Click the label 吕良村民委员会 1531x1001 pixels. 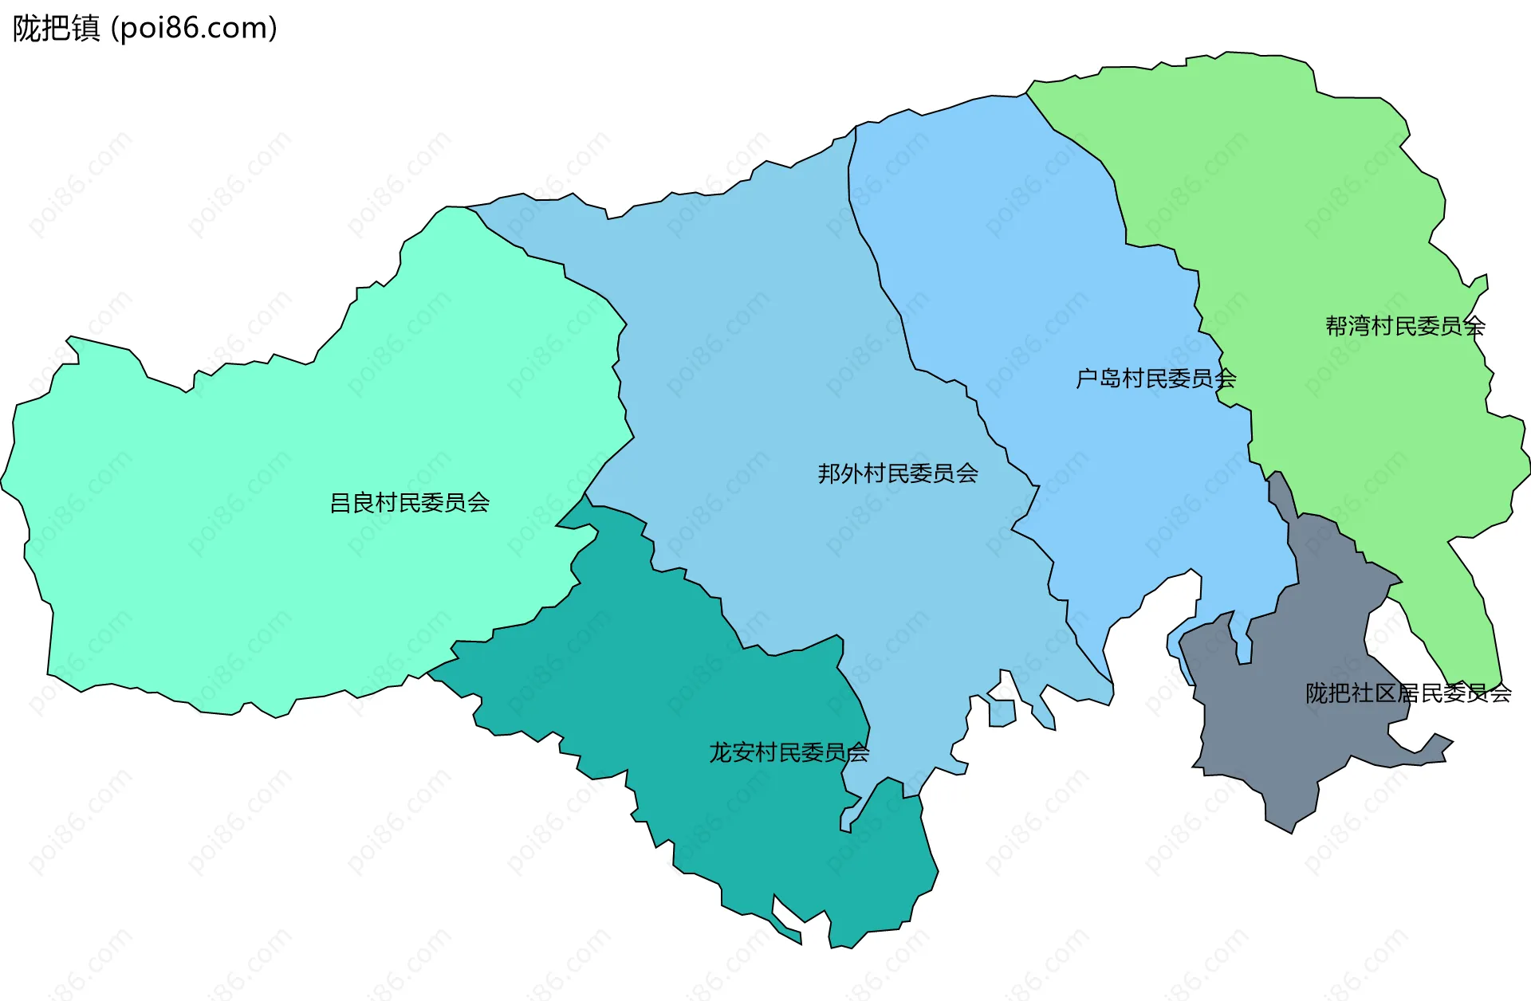pos(410,503)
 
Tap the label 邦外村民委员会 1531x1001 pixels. pos(898,473)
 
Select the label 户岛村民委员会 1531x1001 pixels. pos(1155,379)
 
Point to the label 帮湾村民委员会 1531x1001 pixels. pos(1405,326)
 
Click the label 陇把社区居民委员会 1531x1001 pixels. pos(1408,693)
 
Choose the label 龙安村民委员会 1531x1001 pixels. pos(789,752)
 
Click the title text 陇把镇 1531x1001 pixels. pos(56,29)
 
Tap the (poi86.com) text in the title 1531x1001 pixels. pos(195,29)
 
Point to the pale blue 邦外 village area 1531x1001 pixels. pos(758,359)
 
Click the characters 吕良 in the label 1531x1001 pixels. pos(352,503)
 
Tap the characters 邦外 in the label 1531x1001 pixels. pos(840,473)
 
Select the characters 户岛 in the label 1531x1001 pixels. pos(1098,379)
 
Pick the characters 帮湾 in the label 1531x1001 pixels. pos(1348,326)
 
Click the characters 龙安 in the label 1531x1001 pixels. pos(731,752)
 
